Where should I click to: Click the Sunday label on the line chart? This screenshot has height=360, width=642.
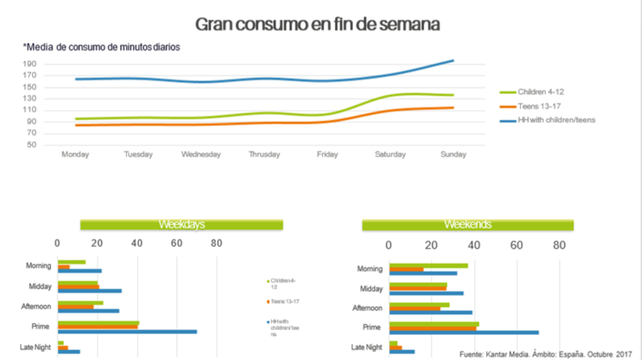[x=452, y=154]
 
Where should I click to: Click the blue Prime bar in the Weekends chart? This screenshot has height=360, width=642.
[x=464, y=332]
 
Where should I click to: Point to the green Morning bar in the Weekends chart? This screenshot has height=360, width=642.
[x=428, y=266]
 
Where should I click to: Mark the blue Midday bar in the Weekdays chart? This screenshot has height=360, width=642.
[x=89, y=291]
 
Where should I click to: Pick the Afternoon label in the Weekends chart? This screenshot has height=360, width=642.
[x=368, y=308]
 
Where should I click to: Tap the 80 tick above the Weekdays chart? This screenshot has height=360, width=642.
[x=216, y=243]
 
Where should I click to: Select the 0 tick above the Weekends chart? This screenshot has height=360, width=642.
[x=391, y=243]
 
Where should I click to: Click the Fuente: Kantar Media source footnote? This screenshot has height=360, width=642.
[x=546, y=354]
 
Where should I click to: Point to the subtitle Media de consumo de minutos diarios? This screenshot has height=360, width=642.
[x=102, y=46]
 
